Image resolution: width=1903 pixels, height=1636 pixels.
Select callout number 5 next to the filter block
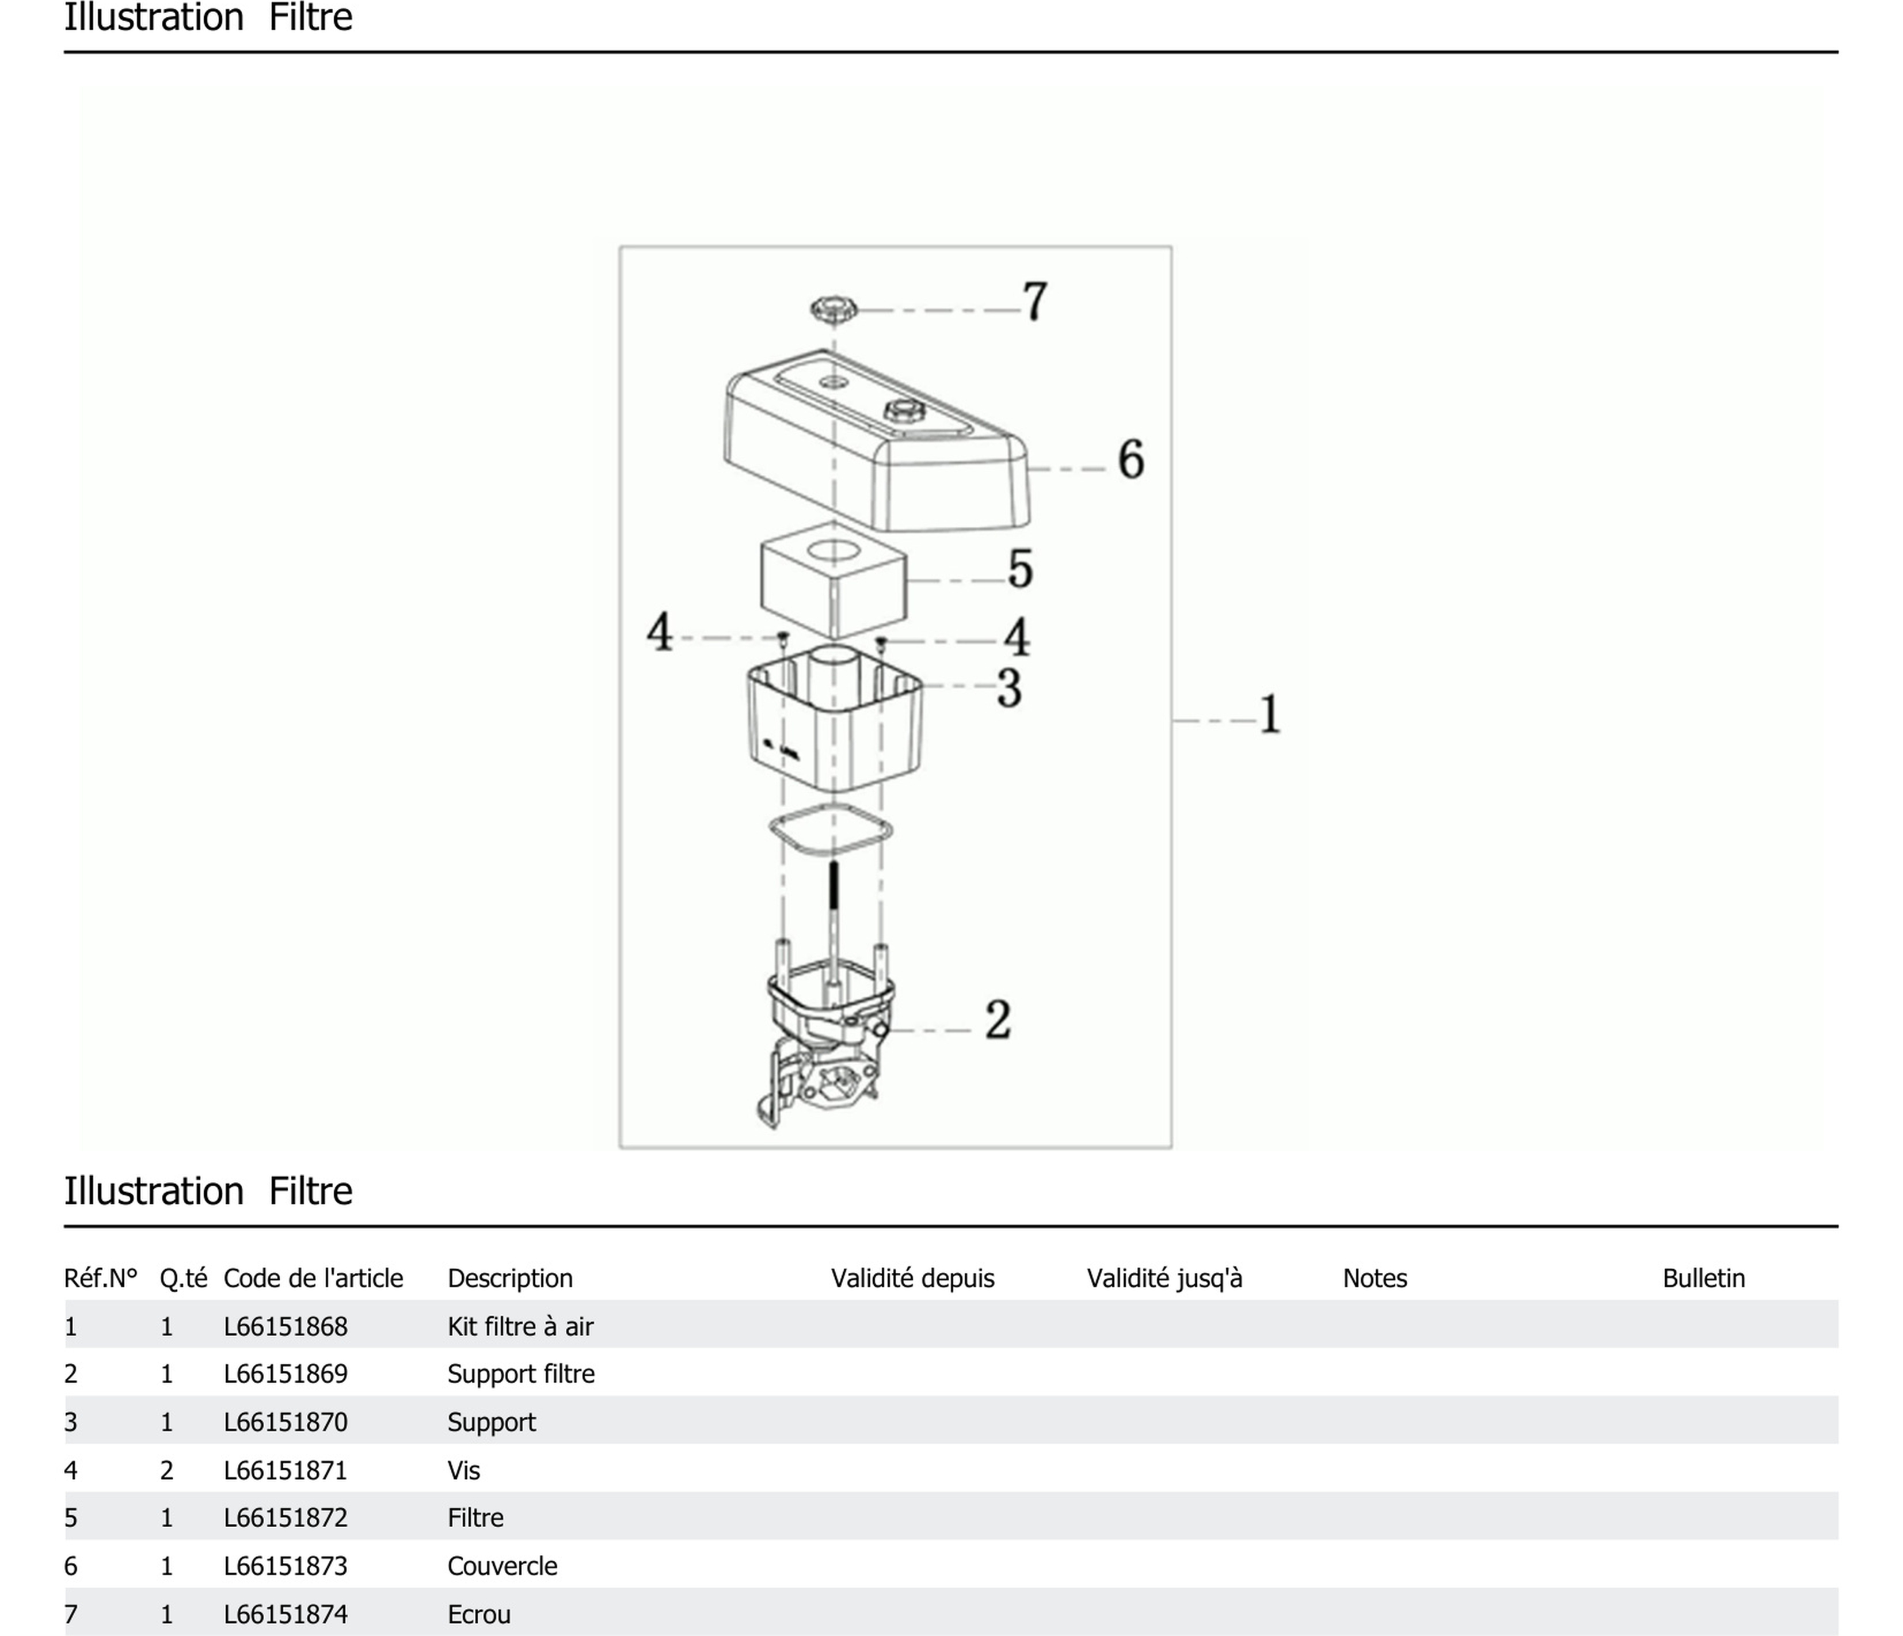[x=1021, y=569]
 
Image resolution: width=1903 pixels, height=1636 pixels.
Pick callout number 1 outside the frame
[x=1270, y=714]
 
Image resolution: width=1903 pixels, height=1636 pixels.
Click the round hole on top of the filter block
[x=832, y=552]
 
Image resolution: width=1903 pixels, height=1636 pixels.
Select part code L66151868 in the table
[x=286, y=1326]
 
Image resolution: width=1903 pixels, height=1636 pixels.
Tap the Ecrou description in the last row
[x=478, y=1614]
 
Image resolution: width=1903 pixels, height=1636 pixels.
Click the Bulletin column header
[x=1704, y=1278]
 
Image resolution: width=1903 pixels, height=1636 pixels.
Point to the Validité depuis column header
[x=913, y=1278]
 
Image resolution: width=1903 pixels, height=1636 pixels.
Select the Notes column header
[x=1375, y=1278]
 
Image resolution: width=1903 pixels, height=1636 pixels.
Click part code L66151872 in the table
[x=286, y=1517]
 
